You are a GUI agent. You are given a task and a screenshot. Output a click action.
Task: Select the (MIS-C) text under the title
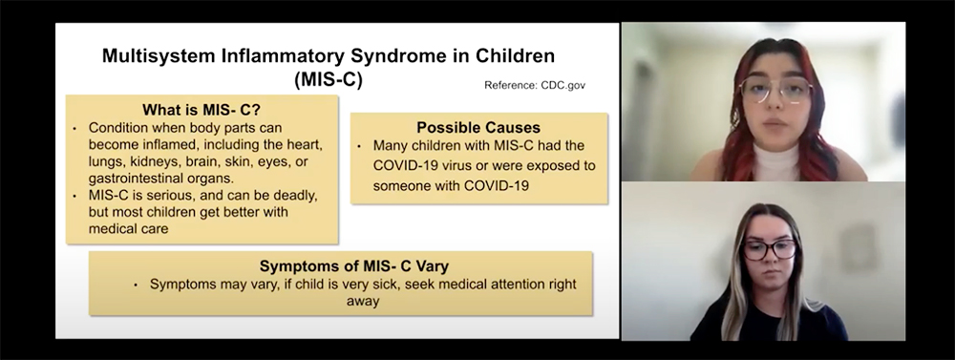(329, 80)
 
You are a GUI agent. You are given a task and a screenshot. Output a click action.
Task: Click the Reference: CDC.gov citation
(535, 85)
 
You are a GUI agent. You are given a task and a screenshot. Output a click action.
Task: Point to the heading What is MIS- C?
(202, 110)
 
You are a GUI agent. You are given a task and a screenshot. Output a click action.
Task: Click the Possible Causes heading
(478, 127)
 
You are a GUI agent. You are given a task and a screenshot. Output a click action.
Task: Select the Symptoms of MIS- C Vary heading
(354, 266)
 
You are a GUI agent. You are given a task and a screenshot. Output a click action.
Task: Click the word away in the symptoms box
(363, 301)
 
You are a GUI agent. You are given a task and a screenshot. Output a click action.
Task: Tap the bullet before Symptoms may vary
(136, 286)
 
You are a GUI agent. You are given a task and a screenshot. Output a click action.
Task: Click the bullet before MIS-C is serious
(74, 197)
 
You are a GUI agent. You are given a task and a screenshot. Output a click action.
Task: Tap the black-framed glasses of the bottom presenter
(769, 249)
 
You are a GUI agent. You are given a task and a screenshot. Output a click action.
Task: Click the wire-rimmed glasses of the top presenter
(775, 90)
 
